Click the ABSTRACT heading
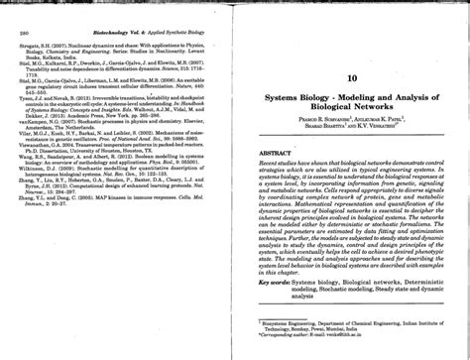[274, 154]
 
